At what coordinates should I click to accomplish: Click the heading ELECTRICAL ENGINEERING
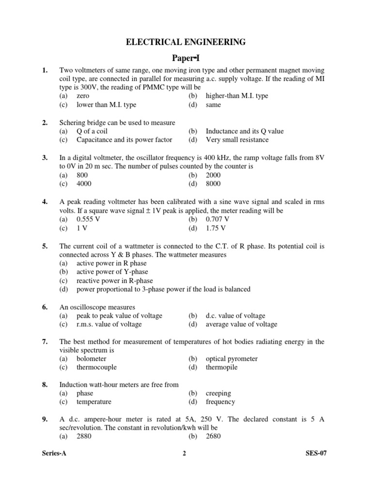pos(186,43)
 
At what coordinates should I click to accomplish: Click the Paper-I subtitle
pos(186,58)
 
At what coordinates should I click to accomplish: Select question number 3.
pos(45,158)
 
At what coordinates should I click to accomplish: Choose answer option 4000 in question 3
pos(84,184)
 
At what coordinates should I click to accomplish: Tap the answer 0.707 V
pos(217,219)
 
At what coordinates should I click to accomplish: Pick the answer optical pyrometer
pos(232,359)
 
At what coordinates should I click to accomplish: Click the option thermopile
pos(221,367)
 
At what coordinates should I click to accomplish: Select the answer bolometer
pos(91,359)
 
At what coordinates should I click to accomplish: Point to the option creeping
pos(218,393)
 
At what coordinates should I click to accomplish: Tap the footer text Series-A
pos(54,453)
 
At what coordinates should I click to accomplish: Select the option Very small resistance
pos(237,140)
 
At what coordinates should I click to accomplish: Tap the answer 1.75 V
pos(216,228)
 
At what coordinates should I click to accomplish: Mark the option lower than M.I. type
pos(106,104)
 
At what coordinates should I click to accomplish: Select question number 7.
pos(45,342)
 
